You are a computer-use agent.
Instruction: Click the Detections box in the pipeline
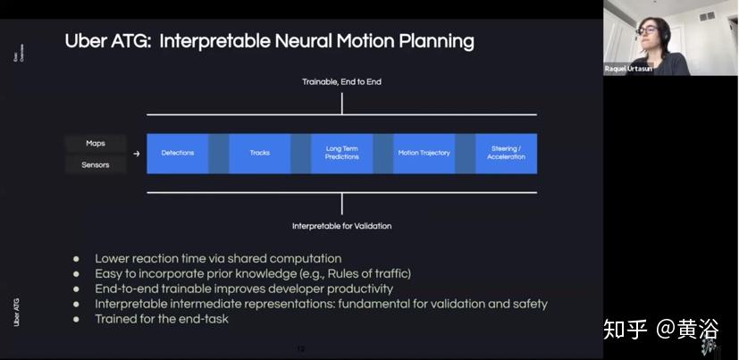coord(177,153)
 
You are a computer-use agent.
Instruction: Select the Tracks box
coord(260,153)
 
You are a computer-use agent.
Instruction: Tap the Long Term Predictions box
coord(342,153)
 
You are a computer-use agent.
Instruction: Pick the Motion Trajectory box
coord(424,153)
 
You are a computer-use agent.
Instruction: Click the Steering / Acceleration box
coord(506,153)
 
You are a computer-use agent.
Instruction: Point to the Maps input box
coord(96,143)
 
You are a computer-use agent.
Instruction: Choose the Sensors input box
coord(96,164)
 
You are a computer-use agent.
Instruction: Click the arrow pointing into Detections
coord(137,154)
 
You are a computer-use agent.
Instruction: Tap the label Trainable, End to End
coord(341,82)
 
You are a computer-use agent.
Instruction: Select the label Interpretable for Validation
coord(341,226)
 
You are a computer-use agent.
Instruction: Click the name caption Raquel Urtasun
coord(628,69)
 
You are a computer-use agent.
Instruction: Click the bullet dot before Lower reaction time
coord(76,259)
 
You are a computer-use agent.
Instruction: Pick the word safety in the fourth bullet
coord(527,304)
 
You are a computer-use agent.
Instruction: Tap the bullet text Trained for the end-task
coord(162,319)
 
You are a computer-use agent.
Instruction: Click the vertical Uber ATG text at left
coord(17,312)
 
